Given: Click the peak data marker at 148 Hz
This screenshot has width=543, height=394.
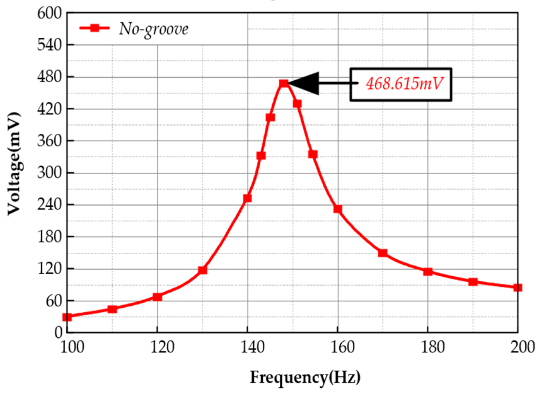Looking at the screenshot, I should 284,83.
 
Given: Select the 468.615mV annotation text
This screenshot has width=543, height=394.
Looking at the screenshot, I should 404,83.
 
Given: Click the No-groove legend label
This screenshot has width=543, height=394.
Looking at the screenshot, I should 154,29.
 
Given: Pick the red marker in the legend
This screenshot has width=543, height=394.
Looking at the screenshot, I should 95,28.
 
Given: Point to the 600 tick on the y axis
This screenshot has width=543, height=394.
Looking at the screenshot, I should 50,13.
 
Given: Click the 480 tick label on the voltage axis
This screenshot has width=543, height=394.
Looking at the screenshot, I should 50,77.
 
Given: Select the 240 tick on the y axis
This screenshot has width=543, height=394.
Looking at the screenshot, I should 50,205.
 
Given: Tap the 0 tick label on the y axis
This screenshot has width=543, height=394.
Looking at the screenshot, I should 58,333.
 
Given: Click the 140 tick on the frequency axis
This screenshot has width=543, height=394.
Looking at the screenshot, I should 252,347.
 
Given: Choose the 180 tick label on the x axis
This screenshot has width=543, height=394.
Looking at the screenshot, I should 433,347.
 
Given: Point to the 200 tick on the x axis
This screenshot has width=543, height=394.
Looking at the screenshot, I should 523,347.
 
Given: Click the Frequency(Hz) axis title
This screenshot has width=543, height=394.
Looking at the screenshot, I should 305,377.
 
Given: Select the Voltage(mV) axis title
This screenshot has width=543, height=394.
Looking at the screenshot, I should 14,163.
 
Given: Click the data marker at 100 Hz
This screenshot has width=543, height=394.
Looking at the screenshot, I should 67,317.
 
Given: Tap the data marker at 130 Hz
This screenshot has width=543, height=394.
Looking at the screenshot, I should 203,270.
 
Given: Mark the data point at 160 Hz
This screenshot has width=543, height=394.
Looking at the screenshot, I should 338,209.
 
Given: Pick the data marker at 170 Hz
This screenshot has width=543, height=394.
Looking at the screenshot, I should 383,253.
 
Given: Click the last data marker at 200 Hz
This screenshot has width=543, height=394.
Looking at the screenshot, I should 518,288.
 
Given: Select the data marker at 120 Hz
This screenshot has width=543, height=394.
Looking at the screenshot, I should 157,297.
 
